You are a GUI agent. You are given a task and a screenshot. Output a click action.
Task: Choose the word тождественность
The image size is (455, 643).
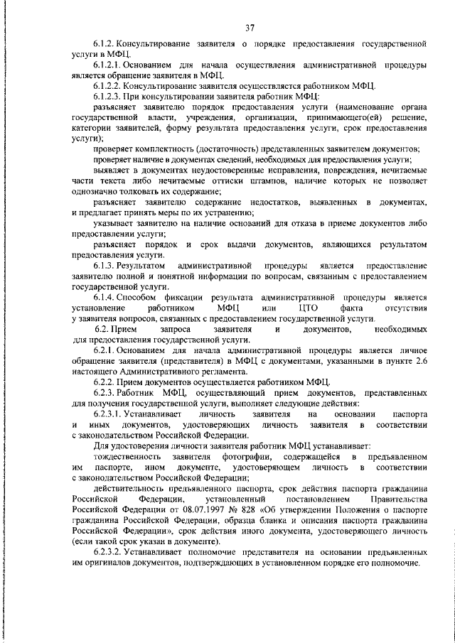(x=128, y=456)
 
